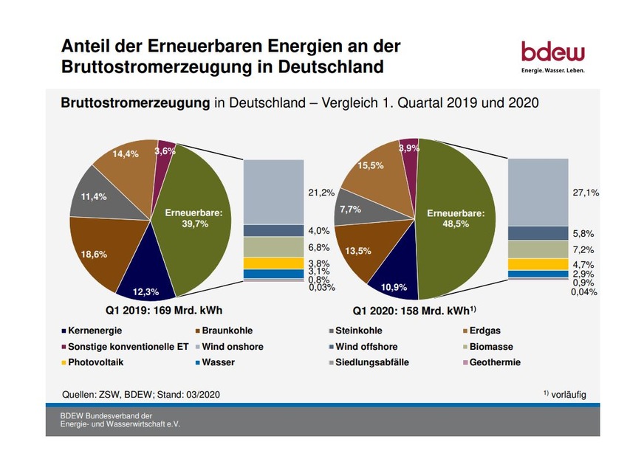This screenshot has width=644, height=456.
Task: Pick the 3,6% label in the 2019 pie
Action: (x=165, y=151)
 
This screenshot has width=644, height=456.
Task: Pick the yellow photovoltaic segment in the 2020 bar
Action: (x=537, y=264)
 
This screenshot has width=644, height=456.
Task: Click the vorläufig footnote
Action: (x=569, y=394)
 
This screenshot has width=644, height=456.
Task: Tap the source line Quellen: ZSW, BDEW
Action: (x=140, y=394)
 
